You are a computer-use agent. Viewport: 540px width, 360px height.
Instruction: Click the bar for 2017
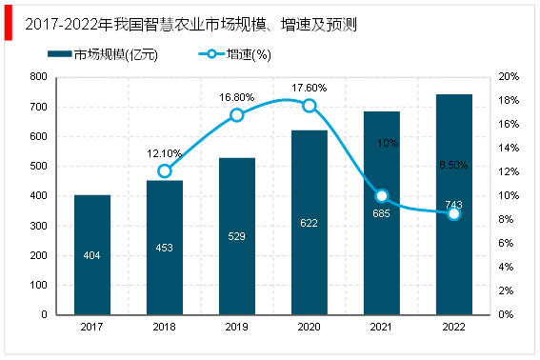pos(92,254)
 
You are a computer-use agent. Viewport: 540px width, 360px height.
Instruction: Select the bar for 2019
pos(237,235)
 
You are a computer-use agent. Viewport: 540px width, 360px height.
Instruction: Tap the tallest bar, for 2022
pos(453,204)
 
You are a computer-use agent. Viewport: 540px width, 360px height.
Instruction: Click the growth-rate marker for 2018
pos(165,171)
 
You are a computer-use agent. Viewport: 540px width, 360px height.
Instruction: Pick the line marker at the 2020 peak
pos(310,106)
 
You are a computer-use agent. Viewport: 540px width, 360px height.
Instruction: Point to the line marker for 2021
pos(382,195)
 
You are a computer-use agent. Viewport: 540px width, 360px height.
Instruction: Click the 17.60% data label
pos(309,88)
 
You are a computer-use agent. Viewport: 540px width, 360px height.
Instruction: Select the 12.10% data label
pos(164,153)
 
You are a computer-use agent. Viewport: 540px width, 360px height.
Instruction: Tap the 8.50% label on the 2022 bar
pos(453,165)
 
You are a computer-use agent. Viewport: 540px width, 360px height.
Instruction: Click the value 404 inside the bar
pos(92,255)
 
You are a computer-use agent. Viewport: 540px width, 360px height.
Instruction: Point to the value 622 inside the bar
pos(309,223)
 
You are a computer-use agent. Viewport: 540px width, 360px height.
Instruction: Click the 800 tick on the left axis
pos(39,76)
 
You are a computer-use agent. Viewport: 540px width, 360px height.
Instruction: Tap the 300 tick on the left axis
pos(39,225)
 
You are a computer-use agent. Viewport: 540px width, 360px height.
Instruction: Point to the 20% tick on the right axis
pos(509,76)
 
